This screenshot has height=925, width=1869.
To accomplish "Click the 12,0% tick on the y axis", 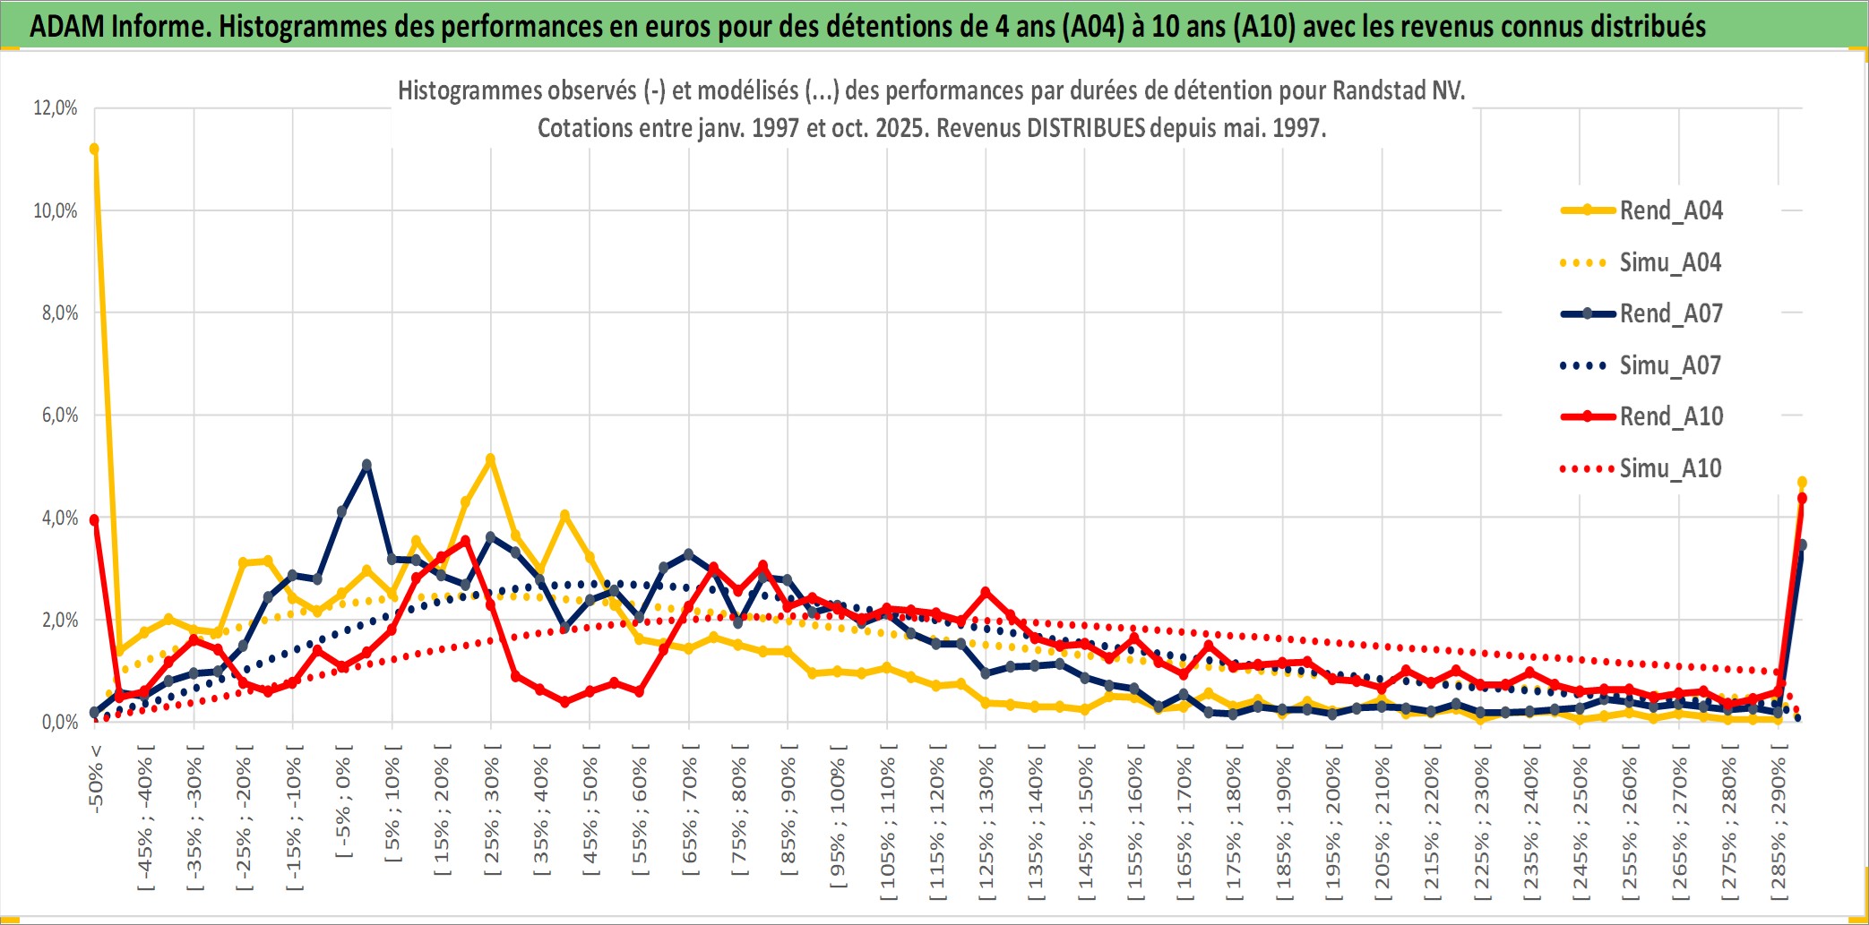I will pos(56,108).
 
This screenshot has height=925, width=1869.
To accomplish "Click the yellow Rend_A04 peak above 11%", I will pos(94,149).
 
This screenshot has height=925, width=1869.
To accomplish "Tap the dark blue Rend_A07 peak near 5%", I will pos(366,465).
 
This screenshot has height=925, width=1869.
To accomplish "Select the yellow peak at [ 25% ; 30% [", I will pos(490,458).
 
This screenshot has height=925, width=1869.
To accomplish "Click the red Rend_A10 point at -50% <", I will pos(94,519).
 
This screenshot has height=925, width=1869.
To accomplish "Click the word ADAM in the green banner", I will pos(67,26).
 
